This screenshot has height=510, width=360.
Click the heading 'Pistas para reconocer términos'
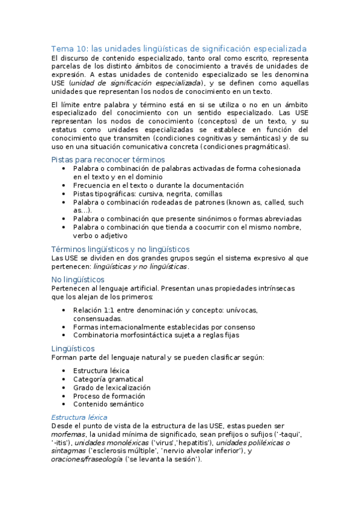(x=108, y=159)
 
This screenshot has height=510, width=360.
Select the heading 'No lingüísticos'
(x=78, y=280)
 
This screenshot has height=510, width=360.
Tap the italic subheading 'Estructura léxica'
(x=79, y=417)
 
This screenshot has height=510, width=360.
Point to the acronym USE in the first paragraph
(x=59, y=83)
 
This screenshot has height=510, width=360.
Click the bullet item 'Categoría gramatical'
(x=108, y=379)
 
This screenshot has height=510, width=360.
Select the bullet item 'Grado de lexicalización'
(x=112, y=388)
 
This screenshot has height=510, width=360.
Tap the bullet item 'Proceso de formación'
(x=109, y=396)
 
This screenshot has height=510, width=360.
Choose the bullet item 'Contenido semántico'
(x=108, y=405)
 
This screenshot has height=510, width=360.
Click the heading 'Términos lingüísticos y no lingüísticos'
(x=121, y=248)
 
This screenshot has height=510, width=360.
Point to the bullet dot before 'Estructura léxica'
(x=64, y=371)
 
